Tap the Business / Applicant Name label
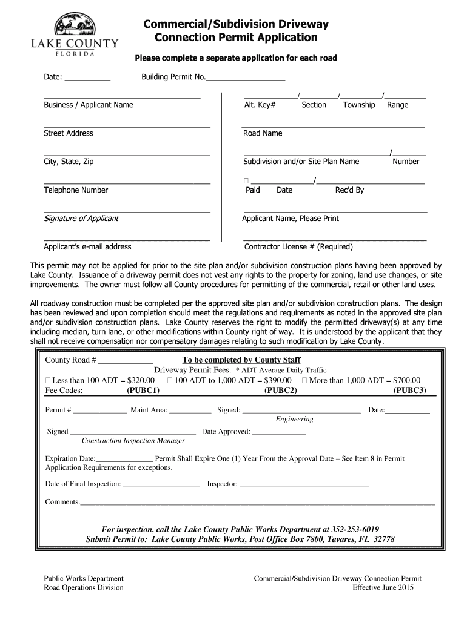pos(88,105)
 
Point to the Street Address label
pos(68,133)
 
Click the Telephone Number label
pos(76,190)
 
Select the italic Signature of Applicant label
pos(81,219)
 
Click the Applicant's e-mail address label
pos(87,247)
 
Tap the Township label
pos(359,105)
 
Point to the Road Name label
pos(263,133)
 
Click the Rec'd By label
pos(349,190)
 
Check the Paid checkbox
pos(246,181)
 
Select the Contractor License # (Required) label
pos(298,247)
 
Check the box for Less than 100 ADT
pos(49,380)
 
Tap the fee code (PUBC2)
pos(281,391)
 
